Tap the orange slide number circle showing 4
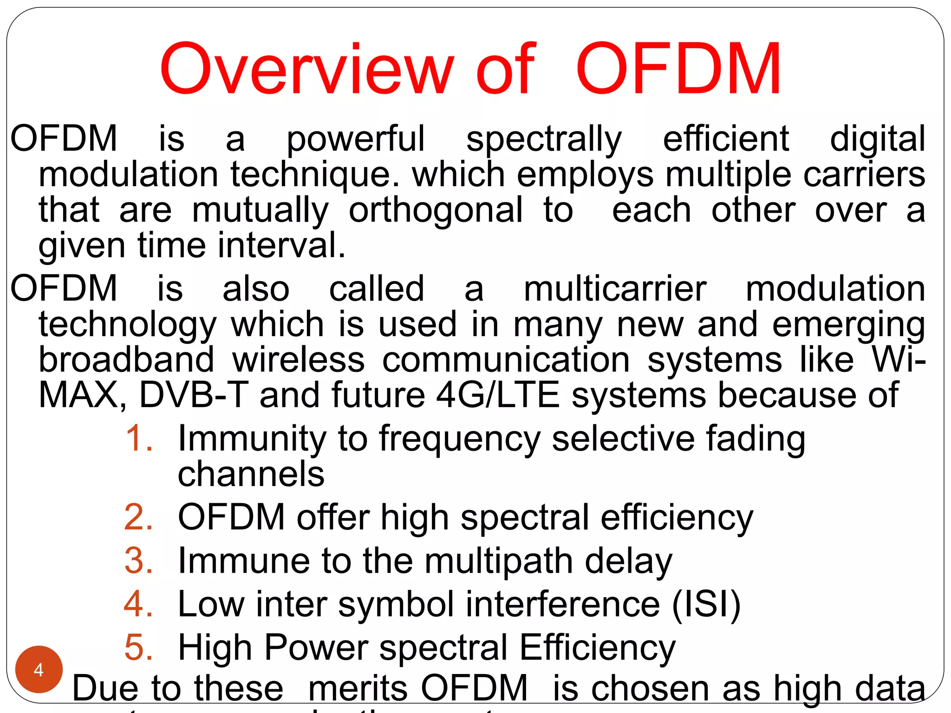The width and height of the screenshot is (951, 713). (x=39, y=669)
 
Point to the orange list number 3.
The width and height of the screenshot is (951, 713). (x=138, y=560)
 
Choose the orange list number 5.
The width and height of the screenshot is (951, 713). (x=138, y=647)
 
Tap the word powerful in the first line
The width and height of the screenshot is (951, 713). (x=355, y=139)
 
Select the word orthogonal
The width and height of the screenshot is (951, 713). (x=436, y=210)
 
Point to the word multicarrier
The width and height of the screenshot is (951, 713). (x=615, y=289)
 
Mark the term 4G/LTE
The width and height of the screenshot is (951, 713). (x=498, y=395)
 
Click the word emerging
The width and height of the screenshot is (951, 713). (x=849, y=325)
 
